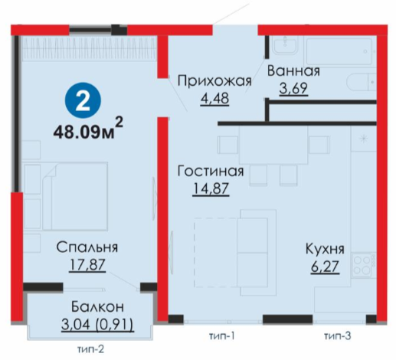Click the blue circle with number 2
[x=83, y=100]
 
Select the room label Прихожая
[x=214, y=81]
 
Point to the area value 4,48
[x=214, y=99]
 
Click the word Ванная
[x=293, y=71]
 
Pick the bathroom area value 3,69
[x=293, y=89]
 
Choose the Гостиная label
[x=211, y=171]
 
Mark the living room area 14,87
[x=211, y=189]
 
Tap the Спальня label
[x=87, y=247]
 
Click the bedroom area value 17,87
[x=87, y=265]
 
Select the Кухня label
[x=325, y=249]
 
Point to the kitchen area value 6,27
[x=325, y=267]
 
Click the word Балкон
[x=97, y=306]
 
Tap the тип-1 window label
[x=221, y=336]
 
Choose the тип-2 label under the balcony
[x=91, y=349]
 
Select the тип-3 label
[x=338, y=336]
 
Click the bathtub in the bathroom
[x=339, y=51]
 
